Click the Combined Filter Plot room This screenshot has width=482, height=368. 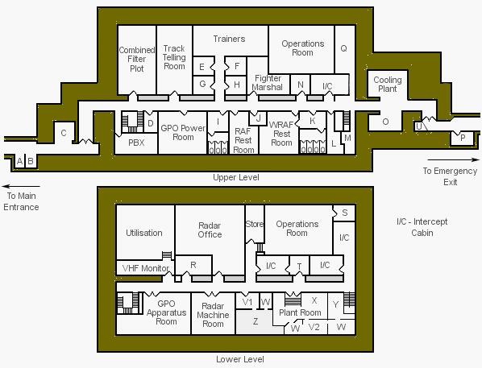click(x=137, y=60)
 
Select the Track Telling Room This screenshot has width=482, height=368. click(x=174, y=60)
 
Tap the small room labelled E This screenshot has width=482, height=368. click(x=203, y=66)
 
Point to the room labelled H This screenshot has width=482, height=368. click(x=236, y=85)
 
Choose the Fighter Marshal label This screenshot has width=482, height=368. click(x=267, y=83)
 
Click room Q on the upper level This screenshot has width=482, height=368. click(x=344, y=49)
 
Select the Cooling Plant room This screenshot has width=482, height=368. click(x=388, y=85)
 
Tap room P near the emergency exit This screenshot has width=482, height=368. click(x=463, y=139)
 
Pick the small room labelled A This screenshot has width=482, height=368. click(x=19, y=161)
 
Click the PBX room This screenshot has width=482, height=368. click(x=136, y=143)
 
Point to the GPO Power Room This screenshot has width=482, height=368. click(x=183, y=132)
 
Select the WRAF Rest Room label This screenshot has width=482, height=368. click(x=281, y=134)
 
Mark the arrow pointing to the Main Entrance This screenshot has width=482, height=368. click(x=21, y=186)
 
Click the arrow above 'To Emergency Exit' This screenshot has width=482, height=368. click(x=454, y=159)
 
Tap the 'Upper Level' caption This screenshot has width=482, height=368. click(x=236, y=177)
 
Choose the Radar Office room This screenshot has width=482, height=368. click(x=210, y=230)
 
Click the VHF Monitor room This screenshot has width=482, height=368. click(x=145, y=268)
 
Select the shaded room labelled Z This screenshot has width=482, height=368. click(x=256, y=321)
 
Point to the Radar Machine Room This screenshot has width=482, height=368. click(x=213, y=314)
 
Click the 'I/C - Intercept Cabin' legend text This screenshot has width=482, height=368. click(x=422, y=227)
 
